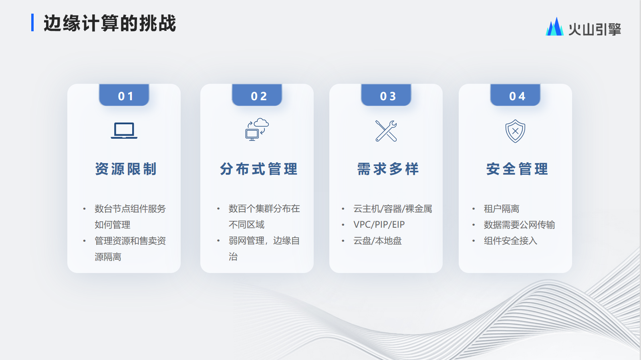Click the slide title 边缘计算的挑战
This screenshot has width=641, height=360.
click(110, 23)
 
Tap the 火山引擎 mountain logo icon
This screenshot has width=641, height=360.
click(554, 27)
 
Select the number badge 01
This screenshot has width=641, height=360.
click(124, 95)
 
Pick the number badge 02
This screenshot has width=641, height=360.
click(257, 95)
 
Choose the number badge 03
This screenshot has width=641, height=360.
click(386, 95)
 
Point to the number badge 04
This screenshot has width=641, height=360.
click(515, 95)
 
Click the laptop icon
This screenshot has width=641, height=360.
click(124, 131)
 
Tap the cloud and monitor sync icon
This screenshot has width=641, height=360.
click(257, 129)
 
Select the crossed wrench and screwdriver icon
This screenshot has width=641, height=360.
click(386, 131)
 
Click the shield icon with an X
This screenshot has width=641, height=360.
click(515, 131)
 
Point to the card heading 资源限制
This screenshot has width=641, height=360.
click(126, 169)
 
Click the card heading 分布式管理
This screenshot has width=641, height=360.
click(259, 169)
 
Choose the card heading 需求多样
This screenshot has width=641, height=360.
click(388, 169)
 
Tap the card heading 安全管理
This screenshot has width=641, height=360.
click(517, 169)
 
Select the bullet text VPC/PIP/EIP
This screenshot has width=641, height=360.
click(379, 224)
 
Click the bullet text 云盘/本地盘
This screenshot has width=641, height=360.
click(377, 241)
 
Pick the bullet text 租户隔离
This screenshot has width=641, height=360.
click(502, 208)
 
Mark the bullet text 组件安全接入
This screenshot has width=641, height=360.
click(510, 241)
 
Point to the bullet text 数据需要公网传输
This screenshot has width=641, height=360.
click(519, 224)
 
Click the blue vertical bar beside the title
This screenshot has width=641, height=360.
click(32, 22)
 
